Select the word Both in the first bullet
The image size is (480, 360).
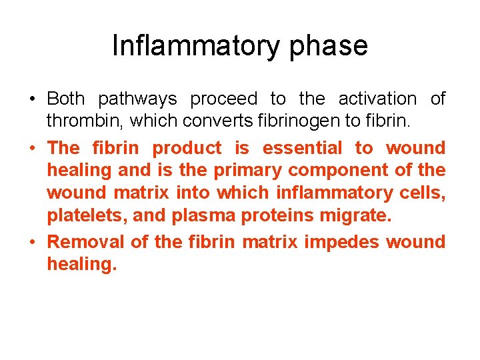[x=66, y=99]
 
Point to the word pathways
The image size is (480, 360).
[x=137, y=99]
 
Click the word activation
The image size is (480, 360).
[x=377, y=99]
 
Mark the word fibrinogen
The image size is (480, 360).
[x=310, y=121]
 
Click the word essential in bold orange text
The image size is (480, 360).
[x=302, y=148]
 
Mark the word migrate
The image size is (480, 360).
[x=355, y=215]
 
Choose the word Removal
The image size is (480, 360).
[x=86, y=242]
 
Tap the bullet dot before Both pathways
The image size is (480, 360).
[x=33, y=100]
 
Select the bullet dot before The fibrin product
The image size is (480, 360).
[x=33, y=149]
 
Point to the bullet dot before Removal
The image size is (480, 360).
[x=33, y=243]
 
